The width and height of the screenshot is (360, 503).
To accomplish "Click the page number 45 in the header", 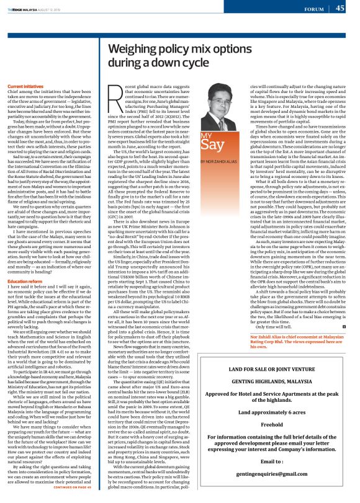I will point(341,8).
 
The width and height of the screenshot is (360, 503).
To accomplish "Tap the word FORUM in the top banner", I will point(314,9).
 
